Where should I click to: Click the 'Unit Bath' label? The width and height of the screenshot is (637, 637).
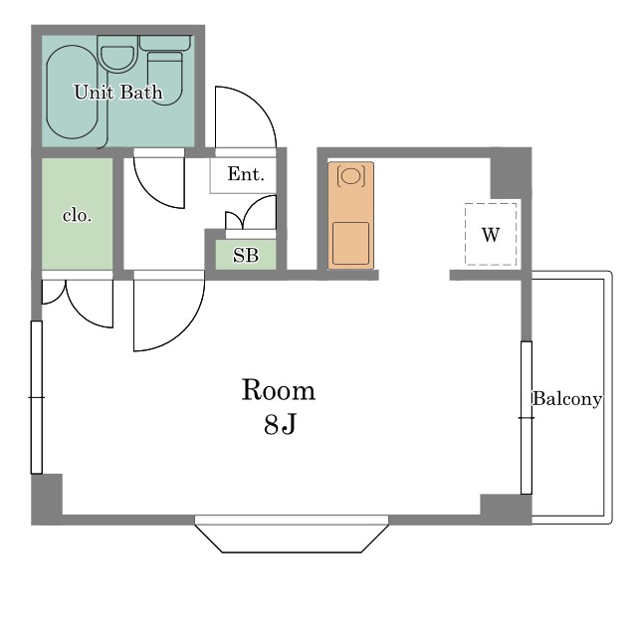point(118,93)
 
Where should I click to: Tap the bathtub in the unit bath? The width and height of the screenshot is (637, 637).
point(73,93)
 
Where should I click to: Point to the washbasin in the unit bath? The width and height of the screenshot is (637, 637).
point(117,56)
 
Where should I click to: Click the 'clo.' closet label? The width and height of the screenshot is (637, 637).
point(77,215)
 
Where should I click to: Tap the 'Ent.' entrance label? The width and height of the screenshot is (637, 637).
point(246,174)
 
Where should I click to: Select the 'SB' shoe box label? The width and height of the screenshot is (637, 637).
point(246,255)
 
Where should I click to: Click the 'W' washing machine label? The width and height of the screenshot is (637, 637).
point(491,235)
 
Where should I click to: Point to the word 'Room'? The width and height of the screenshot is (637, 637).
point(279,390)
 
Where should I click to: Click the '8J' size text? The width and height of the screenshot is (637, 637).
point(280,425)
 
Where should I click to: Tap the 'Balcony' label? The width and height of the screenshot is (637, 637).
point(567,399)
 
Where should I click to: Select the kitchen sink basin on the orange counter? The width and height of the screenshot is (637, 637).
point(351,243)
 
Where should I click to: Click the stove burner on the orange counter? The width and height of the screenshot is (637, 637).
point(351,176)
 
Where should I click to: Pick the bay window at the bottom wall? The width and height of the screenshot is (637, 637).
point(292,533)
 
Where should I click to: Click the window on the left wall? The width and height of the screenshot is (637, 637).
point(37,397)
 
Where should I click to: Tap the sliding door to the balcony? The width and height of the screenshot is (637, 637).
point(527,418)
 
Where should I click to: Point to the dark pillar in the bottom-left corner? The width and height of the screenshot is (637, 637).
point(47,500)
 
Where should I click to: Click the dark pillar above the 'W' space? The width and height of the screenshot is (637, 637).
point(511,173)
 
